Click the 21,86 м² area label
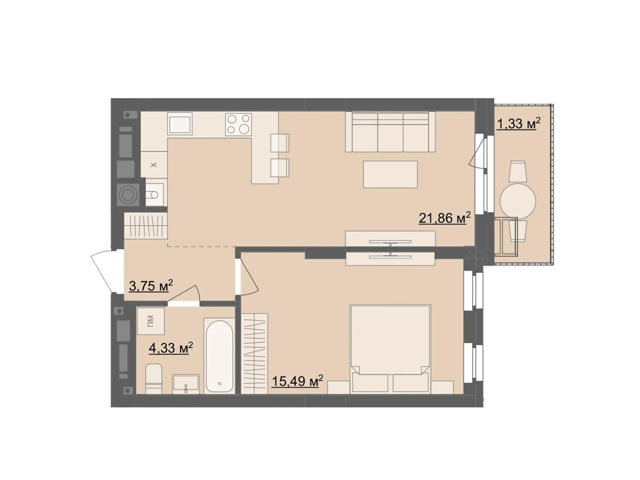[445, 218]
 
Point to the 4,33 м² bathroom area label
[171, 347]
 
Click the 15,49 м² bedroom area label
[298, 381]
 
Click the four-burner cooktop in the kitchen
[238, 124]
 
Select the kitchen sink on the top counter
[180, 124]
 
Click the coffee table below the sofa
[390, 174]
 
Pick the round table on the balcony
[518, 200]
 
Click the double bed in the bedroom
[390, 348]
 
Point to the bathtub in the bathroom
[219, 356]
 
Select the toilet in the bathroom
[154, 378]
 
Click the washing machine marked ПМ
[150, 321]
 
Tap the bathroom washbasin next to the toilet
[186, 384]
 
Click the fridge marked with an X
[154, 165]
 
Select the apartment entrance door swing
[104, 272]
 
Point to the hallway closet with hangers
[146, 226]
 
